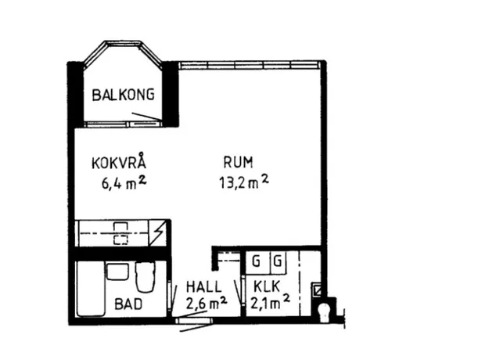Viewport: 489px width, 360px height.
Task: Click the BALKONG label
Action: (123, 95)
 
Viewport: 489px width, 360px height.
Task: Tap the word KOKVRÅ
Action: (119, 162)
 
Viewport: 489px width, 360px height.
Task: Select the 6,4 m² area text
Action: (124, 183)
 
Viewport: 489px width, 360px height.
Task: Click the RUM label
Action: (239, 162)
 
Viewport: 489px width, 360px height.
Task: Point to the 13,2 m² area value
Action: (244, 182)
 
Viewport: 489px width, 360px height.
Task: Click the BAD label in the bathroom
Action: (128, 304)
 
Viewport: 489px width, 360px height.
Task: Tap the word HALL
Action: (203, 287)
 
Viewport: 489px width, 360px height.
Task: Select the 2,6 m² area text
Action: (206, 303)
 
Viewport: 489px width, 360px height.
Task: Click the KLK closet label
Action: (267, 286)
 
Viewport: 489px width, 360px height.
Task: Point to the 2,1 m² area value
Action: (270, 302)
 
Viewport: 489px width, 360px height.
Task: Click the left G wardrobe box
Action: (257, 261)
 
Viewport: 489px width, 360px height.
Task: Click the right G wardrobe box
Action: (278, 261)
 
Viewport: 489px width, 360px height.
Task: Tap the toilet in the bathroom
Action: (146, 276)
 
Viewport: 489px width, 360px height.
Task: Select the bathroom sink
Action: (117, 271)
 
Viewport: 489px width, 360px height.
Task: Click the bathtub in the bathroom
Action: (91, 289)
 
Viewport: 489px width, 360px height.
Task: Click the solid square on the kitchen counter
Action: (120, 227)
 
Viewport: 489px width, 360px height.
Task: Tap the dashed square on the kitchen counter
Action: (120, 240)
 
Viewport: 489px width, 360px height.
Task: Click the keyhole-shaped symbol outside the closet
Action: (325, 310)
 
